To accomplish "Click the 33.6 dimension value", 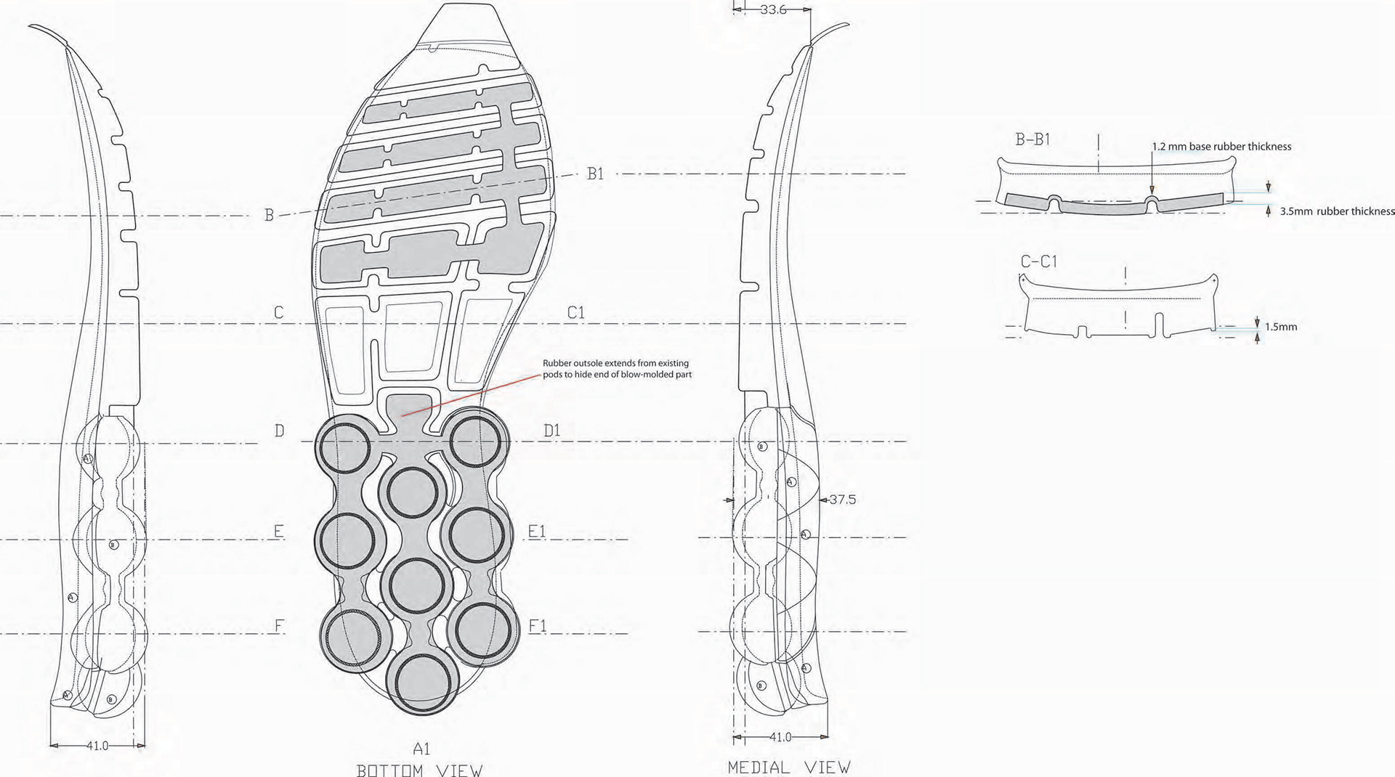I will pyautogui.click(x=773, y=10).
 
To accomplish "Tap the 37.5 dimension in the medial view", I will pyautogui.click(x=842, y=500).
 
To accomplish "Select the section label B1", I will pyautogui.click(x=595, y=174).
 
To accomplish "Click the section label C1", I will pyautogui.click(x=575, y=313).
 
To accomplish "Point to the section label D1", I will pyautogui.click(x=552, y=431).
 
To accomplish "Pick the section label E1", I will pyautogui.click(x=536, y=532).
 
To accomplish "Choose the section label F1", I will pyautogui.click(x=538, y=626).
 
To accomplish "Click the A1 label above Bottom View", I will pyautogui.click(x=421, y=749).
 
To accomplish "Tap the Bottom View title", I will pyautogui.click(x=419, y=770).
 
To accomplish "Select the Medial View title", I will pyautogui.click(x=788, y=767).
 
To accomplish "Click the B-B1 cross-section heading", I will pyautogui.click(x=1032, y=139).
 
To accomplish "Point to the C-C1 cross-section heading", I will pyautogui.click(x=1038, y=261).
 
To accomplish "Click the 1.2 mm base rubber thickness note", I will pyautogui.click(x=1221, y=147).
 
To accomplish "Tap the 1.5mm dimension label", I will pyautogui.click(x=1281, y=327).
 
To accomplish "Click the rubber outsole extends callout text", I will pyautogui.click(x=617, y=369).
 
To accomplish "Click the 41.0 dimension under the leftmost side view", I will pyautogui.click(x=97, y=745).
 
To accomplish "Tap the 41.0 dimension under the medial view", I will pyautogui.click(x=780, y=737).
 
